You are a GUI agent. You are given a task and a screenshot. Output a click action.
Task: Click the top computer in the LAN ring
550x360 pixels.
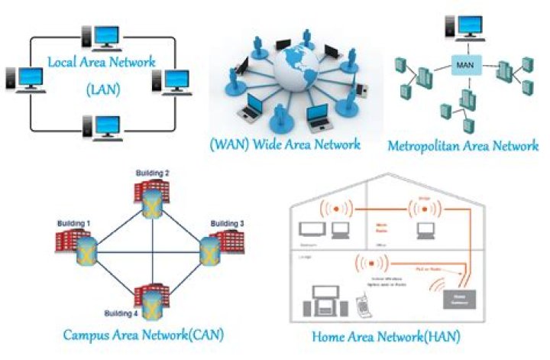click(101, 37)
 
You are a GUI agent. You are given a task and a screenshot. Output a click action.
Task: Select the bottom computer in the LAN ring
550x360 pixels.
click(101, 126)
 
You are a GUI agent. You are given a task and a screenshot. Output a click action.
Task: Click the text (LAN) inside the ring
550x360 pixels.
click(101, 89)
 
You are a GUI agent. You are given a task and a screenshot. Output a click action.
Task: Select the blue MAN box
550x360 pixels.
click(464, 66)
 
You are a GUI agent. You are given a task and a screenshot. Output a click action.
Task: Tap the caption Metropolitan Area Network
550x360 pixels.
click(463, 145)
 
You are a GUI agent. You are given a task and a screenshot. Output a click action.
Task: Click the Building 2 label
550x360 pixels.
click(153, 174)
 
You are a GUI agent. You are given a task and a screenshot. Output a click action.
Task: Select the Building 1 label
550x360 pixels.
click(74, 223)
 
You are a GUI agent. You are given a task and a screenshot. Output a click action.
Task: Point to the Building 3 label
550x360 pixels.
click(227, 223)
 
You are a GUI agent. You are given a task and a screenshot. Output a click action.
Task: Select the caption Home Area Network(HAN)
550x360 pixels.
click(385, 336)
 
